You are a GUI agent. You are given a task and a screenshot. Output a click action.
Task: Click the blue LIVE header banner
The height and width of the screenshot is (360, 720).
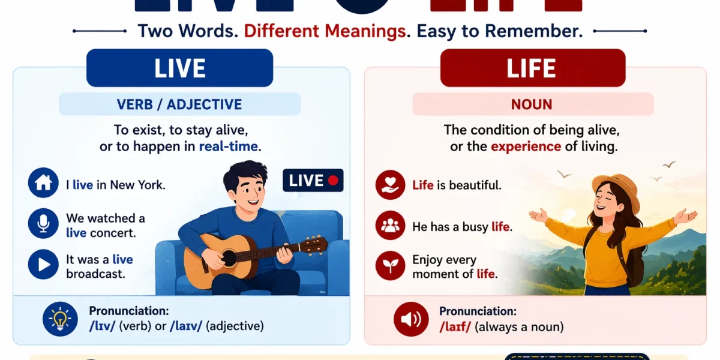point(179,68)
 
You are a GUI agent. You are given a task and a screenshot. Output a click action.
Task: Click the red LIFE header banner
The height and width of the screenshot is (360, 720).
point(532,68)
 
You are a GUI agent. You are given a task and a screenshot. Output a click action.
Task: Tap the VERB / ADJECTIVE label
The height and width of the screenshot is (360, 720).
point(179,104)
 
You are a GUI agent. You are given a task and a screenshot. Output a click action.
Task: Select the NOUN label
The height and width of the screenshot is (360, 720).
point(532,104)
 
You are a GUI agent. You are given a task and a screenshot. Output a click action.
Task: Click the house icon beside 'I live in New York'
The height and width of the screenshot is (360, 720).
point(43,184)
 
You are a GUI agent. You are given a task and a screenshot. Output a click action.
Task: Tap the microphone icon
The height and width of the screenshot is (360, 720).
point(43,224)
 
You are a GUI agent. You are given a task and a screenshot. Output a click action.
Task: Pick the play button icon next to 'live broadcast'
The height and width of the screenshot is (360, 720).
point(43,265)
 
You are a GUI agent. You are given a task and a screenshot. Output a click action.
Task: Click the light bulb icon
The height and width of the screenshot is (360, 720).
point(60,319)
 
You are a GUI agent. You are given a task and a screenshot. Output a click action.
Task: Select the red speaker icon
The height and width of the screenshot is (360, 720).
point(411,319)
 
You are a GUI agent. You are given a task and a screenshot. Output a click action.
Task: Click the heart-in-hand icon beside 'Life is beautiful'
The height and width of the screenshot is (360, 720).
point(391,185)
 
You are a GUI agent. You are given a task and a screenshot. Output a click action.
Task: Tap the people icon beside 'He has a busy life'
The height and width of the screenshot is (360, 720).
point(391,226)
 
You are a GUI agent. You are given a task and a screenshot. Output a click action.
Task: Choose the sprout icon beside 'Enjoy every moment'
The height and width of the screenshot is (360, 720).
point(391,266)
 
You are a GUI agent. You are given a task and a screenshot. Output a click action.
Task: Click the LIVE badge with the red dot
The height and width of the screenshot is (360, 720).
point(313,180)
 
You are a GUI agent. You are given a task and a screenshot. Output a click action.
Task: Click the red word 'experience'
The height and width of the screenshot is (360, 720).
point(526,147)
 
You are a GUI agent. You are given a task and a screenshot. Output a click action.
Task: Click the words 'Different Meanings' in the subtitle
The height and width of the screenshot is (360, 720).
point(324,31)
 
